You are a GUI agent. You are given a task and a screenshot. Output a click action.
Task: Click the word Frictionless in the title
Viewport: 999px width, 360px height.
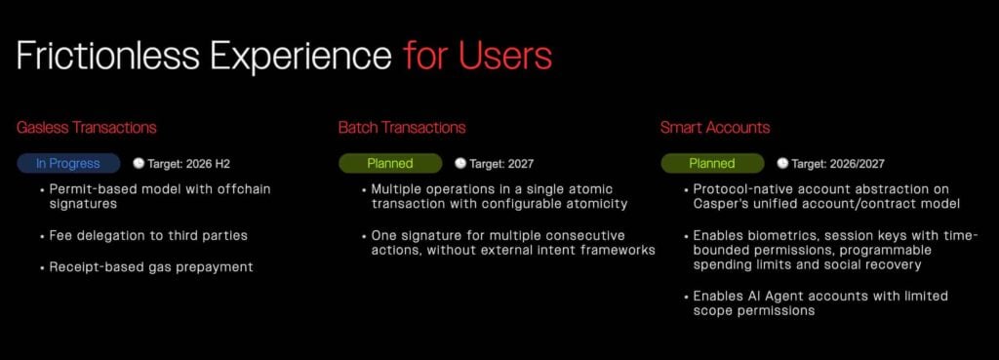[x=108, y=56]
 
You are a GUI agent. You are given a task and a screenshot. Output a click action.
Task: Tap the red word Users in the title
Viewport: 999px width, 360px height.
[x=505, y=56]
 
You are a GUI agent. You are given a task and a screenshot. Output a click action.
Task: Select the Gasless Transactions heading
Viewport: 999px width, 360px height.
[x=87, y=128]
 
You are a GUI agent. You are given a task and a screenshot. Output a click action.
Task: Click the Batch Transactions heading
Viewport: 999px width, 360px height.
[x=402, y=128]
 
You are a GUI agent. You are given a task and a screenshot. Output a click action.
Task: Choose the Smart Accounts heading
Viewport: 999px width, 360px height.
[x=715, y=128]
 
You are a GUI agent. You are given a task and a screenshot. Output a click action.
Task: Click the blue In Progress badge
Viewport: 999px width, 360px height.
[x=68, y=164]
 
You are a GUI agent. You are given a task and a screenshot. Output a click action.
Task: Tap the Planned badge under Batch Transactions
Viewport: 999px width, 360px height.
[x=390, y=164]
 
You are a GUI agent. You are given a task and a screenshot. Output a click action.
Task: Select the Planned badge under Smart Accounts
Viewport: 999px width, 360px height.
[x=712, y=164]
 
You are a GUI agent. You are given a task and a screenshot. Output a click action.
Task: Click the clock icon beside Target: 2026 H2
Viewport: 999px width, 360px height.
[x=139, y=163]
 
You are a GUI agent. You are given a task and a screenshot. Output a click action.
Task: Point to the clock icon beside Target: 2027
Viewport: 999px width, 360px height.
[x=460, y=163]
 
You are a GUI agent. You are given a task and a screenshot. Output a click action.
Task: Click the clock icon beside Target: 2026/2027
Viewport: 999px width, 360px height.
[x=782, y=163]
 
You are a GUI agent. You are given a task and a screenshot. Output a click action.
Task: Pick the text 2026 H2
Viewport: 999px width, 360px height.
[x=208, y=164]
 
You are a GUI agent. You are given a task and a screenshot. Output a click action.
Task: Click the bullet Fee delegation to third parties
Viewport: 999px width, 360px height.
[x=148, y=236]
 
